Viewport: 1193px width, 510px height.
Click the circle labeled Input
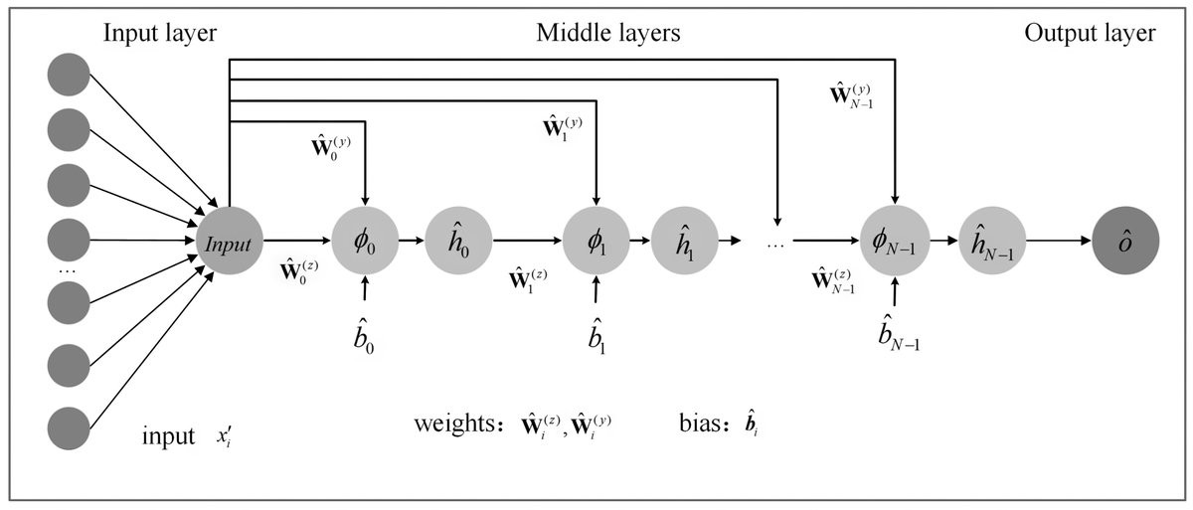click(230, 241)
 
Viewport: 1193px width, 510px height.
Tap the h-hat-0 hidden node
click(458, 241)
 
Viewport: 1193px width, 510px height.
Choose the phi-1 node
click(596, 241)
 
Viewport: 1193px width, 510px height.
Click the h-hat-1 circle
click(685, 241)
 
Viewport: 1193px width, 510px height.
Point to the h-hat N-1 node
click(990, 241)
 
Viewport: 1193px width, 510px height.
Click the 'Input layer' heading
click(159, 34)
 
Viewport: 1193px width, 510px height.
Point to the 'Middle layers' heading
click(608, 34)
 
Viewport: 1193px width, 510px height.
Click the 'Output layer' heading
click(1090, 34)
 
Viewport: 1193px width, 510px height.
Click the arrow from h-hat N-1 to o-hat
click(1057, 241)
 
